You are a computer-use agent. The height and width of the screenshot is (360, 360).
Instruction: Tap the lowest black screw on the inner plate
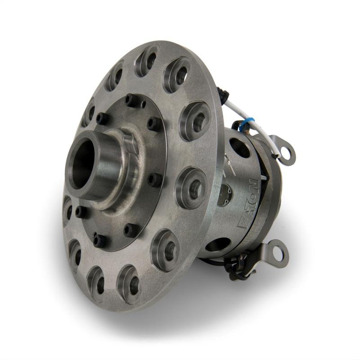[99, 239]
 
